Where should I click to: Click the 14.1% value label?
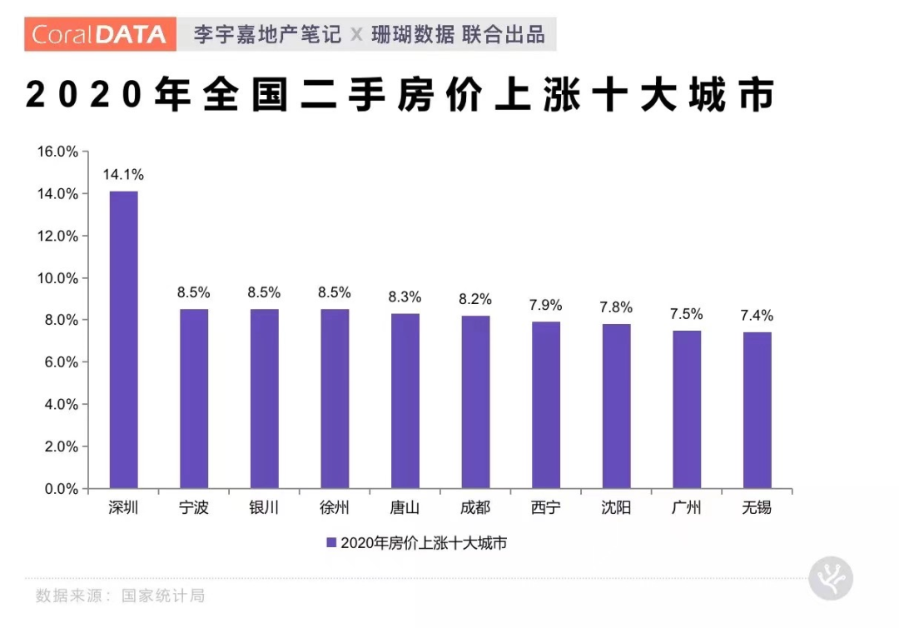pyautogui.click(x=123, y=175)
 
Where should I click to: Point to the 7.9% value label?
pyautogui.click(x=546, y=305)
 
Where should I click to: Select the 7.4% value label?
pyautogui.click(x=757, y=316)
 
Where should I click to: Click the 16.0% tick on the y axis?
pyautogui.click(x=57, y=152)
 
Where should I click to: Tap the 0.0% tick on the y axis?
pyautogui.click(x=61, y=489)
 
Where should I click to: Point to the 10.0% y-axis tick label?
pyautogui.click(x=57, y=278)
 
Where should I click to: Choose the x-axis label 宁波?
pyautogui.click(x=194, y=508)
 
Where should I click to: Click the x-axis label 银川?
pyautogui.click(x=265, y=508)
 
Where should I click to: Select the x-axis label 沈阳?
pyautogui.click(x=616, y=508)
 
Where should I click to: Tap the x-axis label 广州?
pyautogui.click(x=687, y=508)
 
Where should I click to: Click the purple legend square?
pyautogui.click(x=330, y=543)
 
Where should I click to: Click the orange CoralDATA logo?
pyautogui.click(x=101, y=34)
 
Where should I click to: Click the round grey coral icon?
pyautogui.click(x=831, y=577)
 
